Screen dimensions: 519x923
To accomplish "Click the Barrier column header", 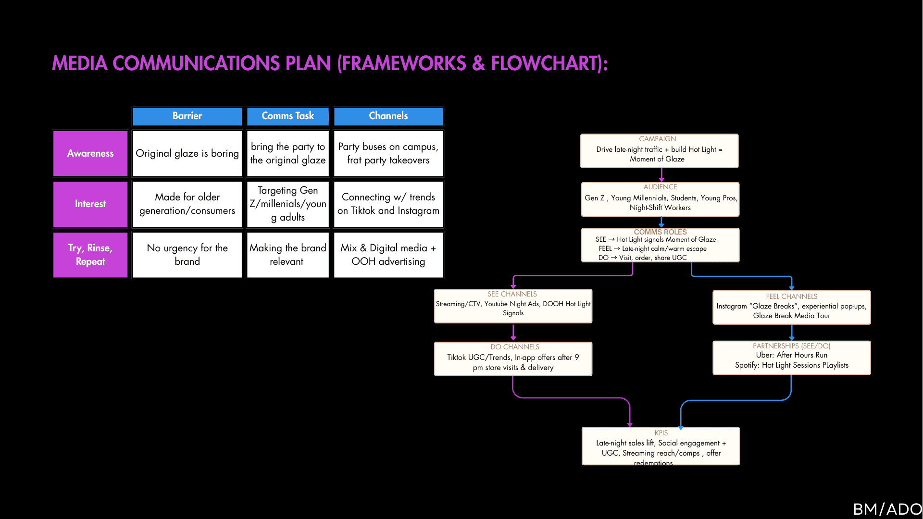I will click(187, 116).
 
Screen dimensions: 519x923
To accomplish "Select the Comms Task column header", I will click(287, 116).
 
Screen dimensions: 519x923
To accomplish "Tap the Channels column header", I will click(388, 116).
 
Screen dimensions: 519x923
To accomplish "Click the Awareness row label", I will click(90, 153).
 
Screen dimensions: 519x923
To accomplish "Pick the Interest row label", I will click(90, 204).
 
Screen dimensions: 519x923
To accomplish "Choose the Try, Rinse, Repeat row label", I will click(90, 255).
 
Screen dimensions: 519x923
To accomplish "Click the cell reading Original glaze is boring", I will click(187, 153).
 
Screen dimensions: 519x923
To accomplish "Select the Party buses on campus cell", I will click(388, 153).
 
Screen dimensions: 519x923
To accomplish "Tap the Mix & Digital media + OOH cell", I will click(388, 255).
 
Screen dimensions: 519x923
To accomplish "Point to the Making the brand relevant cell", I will click(287, 255).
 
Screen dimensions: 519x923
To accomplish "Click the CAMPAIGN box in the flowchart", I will click(659, 151).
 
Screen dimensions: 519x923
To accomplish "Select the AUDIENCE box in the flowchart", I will click(660, 199).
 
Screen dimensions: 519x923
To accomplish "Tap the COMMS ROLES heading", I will click(660, 232).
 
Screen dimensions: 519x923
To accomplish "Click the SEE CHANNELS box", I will click(513, 306).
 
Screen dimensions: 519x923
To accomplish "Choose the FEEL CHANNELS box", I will click(791, 308).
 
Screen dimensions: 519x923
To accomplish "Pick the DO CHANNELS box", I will click(513, 359).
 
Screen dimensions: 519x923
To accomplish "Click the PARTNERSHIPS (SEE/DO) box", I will click(791, 358).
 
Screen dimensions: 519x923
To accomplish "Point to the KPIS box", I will click(661, 446).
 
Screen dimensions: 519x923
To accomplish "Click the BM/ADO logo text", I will click(887, 509).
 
